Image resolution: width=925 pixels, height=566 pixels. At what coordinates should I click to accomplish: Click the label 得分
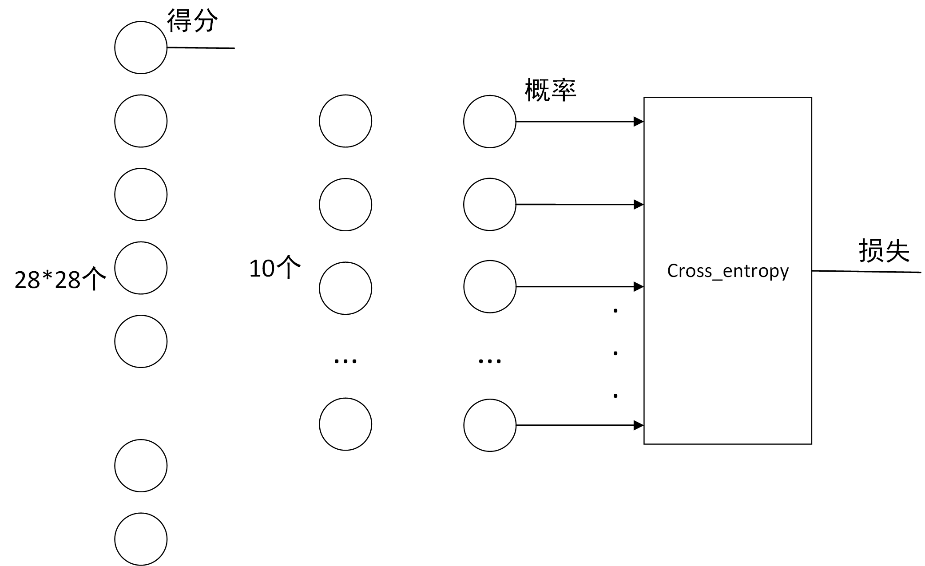192,21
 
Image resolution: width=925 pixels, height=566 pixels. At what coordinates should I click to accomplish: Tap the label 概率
550,90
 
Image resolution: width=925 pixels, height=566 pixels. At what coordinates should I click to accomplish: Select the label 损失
884,251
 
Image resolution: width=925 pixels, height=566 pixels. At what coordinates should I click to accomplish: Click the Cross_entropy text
728,271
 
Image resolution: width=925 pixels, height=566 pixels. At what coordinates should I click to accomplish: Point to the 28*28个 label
60,279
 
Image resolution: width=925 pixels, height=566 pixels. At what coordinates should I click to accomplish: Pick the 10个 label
275,268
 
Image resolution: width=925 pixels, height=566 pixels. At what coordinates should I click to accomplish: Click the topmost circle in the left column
141,47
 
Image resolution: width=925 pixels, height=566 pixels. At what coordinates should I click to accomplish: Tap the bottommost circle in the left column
141,539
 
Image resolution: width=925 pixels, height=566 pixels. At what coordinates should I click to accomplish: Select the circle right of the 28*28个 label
141,268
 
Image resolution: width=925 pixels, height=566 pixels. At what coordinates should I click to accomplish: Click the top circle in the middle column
345,121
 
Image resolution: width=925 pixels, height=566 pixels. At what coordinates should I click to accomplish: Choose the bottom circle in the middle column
345,424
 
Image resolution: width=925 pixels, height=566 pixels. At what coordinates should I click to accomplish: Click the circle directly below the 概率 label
490,121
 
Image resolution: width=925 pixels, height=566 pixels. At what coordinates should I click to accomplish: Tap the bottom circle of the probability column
490,425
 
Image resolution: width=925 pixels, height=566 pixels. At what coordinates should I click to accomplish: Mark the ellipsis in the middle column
345,361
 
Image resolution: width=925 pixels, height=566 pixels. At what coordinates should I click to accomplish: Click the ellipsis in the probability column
490,361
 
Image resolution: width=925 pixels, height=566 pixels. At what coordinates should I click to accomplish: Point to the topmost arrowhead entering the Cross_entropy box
639,121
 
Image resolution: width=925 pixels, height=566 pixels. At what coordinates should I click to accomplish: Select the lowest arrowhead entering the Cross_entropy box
639,425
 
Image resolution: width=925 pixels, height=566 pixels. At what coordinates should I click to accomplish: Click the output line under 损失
866,271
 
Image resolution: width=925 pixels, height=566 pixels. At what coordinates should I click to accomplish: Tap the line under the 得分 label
201,47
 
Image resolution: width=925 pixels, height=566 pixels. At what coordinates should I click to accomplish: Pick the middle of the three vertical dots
615,353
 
